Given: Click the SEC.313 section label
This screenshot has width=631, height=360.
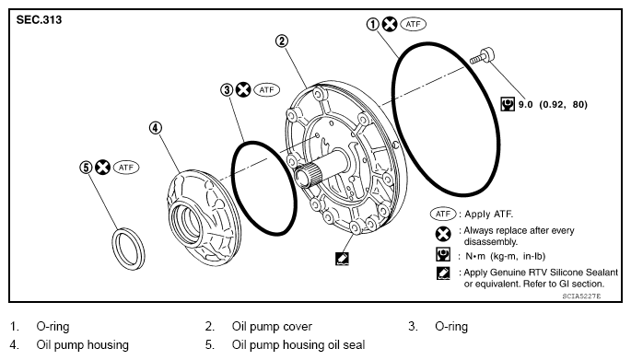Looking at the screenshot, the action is pos(39,19).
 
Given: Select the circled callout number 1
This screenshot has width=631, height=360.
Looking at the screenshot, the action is pos(373,25).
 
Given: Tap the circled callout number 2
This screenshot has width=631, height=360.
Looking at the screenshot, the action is pos(282,41).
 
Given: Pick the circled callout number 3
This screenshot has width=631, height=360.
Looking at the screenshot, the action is pos(227,89).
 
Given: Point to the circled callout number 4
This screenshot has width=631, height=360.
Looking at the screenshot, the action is pos(156,128).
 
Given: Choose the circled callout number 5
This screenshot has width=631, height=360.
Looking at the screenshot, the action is pos(86,168).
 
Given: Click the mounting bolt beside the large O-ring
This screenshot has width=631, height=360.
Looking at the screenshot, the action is pos(482,57).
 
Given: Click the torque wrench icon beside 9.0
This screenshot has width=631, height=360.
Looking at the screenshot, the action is pos(508,104).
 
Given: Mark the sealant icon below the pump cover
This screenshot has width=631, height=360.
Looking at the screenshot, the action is pos(342,259).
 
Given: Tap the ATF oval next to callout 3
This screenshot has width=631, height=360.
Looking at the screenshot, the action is pos(266,89).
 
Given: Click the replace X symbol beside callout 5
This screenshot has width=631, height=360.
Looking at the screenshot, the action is pos(102,168).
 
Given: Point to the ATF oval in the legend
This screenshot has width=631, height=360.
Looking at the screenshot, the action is pos(443,214).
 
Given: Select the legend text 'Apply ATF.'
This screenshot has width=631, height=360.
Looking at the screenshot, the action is pos(488,214).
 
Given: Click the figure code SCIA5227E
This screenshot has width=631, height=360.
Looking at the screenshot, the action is pos(581,296).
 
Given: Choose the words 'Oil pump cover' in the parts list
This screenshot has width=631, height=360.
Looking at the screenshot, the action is pos(272,326).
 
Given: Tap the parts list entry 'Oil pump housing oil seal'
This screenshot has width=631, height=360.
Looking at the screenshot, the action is pos(298,344).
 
